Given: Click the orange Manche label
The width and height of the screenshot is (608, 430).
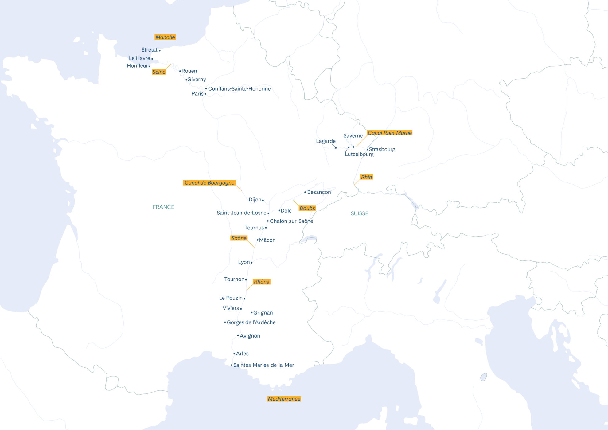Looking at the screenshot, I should tap(165, 37).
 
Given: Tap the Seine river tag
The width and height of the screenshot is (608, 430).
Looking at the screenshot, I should tap(159, 72).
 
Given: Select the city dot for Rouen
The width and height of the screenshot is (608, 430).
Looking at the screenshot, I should tap(180, 71).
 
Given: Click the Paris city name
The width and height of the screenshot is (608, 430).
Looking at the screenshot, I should tap(197, 94).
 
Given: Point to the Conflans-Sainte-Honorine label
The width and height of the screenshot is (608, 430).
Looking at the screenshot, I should tap(239, 89).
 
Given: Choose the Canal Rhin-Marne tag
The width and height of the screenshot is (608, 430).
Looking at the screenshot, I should tap(390, 133).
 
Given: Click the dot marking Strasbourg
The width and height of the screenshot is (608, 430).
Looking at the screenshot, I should tap(367, 150).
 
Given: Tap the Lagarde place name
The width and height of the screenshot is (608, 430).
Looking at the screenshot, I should tap(325, 141).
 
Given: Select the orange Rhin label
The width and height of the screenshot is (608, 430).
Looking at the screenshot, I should tap(366, 177).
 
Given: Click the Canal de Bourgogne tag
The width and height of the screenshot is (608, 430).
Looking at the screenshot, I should tap(209, 183).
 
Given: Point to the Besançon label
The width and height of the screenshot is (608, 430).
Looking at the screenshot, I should tap(319, 192).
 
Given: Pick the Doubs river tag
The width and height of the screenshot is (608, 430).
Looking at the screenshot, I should tap(307, 208).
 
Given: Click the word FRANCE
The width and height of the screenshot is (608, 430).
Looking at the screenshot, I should tap(163, 207).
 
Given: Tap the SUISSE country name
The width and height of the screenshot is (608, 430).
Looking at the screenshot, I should tap(359, 213).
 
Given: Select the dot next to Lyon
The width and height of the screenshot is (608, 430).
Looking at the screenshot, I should tap(251, 263).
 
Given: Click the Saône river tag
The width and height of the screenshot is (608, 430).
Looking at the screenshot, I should tap(239, 238).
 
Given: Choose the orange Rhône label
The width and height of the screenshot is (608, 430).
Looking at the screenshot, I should tap(261, 282).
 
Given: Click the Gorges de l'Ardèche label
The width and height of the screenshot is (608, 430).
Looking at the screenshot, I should tap(251, 322).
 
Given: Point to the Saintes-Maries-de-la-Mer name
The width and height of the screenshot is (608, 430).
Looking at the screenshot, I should tap(263, 365).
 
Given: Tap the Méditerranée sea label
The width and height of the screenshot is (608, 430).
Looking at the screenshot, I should tap(284, 399).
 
